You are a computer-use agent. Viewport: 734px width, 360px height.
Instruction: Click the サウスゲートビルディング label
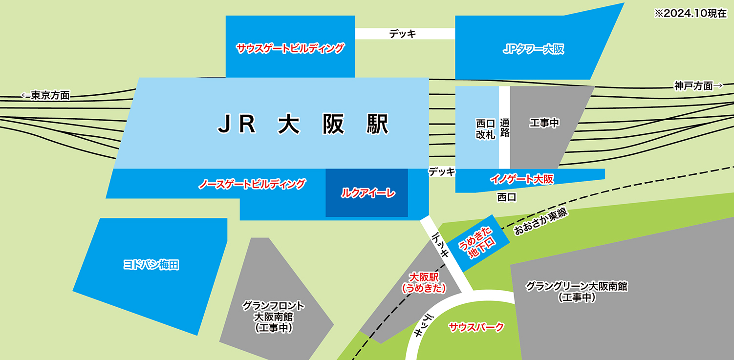click(290, 48)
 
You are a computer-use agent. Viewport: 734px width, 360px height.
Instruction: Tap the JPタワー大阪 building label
click(533, 49)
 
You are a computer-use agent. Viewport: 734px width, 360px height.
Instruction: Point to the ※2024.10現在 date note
click(691, 14)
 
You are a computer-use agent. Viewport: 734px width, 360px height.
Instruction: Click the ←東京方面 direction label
click(45, 95)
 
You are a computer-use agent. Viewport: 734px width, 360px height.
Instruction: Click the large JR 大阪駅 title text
click(302, 125)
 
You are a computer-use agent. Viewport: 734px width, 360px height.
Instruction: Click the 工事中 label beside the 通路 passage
click(544, 123)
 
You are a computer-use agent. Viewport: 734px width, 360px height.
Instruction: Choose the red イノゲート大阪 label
click(521, 179)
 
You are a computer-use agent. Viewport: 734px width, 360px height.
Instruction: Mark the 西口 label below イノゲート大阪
click(506, 197)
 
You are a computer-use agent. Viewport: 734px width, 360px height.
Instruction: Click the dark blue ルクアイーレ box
click(367, 193)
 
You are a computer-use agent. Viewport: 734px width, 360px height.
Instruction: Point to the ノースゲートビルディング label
click(252, 184)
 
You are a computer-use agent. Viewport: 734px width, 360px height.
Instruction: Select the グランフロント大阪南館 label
click(274, 317)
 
